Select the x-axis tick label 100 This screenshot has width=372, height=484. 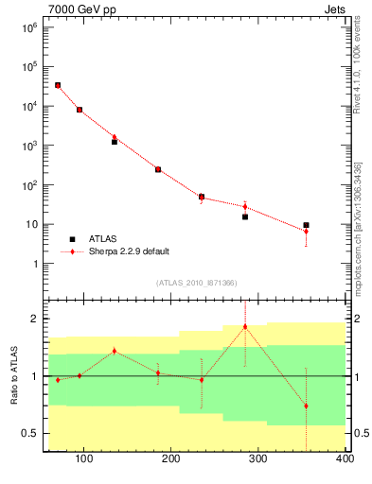point(83,460)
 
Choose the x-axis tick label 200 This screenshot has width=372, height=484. point(171,460)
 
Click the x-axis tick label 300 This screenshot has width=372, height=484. point(258,460)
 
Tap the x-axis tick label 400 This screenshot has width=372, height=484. point(345,460)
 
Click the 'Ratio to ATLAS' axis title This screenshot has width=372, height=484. point(14,375)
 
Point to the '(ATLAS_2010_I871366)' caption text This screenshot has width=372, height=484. point(196,283)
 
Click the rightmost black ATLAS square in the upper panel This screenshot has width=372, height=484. point(306,225)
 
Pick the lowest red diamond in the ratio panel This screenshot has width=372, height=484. point(306,406)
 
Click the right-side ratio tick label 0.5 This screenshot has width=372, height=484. point(359,433)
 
